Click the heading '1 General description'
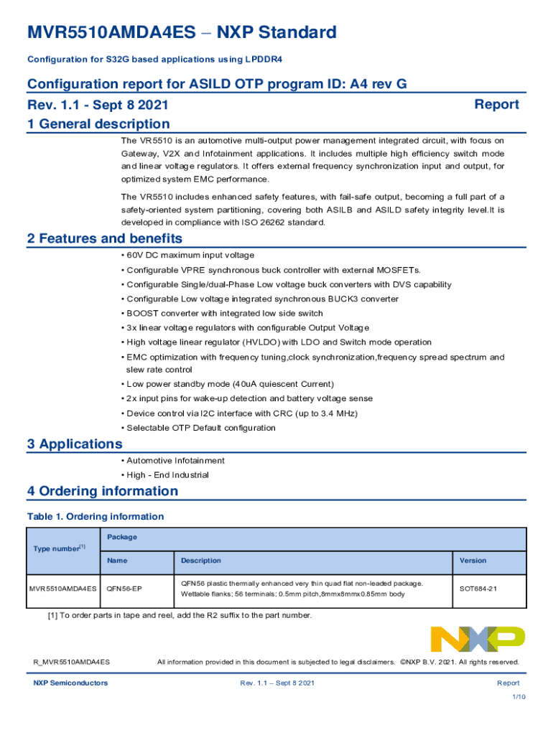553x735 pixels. (x=98, y=124)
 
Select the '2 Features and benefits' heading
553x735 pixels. (x=105, y=238)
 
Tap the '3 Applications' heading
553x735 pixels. (x=75, y=444)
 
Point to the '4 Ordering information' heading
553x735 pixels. (x=103, y=492)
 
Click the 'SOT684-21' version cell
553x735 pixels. (x=479, y=589)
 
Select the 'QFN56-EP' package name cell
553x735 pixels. (x=124, y=589)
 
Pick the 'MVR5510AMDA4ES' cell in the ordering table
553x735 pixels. (x=63, y=589)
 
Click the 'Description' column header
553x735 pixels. (x=201, y=561)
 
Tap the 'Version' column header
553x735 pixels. (x=473, y=561)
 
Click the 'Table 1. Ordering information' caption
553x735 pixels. (x=96, y=517)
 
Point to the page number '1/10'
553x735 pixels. (x=519, y=696)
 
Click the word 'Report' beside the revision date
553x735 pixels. (x=496, y=105)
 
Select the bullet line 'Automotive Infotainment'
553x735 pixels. (x=175, y=461)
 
